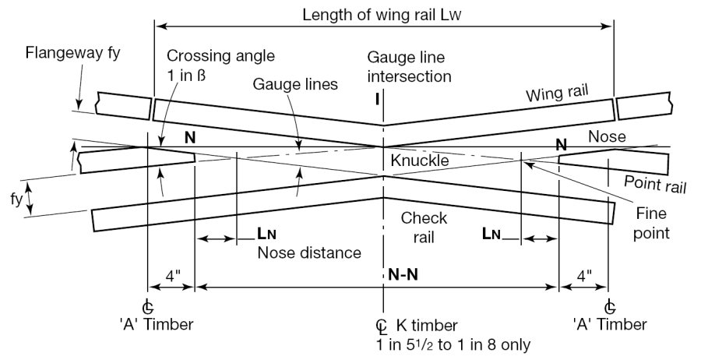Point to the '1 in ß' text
189,75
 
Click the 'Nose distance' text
309,252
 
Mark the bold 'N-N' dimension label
405,274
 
